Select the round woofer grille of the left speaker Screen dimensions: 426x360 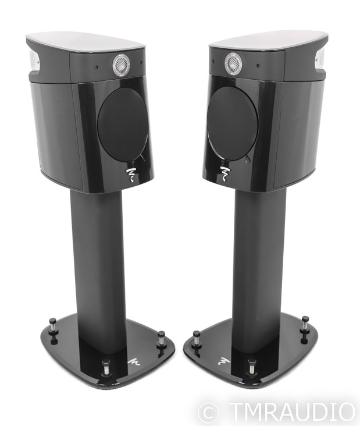[123, 125]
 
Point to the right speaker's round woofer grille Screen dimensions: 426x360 [232, 125]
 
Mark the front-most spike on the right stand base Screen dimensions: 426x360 [251, 367]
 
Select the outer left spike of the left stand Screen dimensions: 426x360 [53, 324]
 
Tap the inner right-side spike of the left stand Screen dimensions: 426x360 [161, 339]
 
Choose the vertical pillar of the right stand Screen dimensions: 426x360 [259, 262]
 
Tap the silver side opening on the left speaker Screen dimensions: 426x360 [34, 61]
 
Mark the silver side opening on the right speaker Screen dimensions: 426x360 [320, 59]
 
